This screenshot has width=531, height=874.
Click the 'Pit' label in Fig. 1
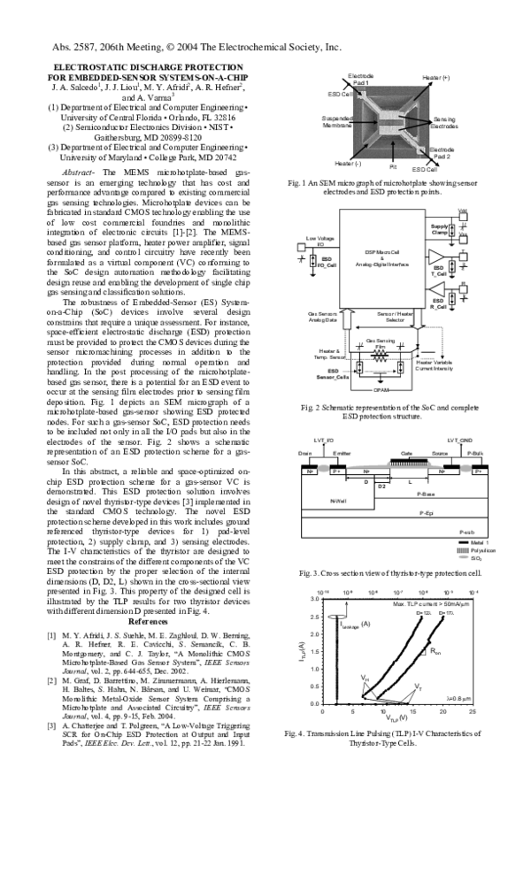pos(393,165)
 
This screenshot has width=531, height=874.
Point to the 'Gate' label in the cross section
pos(406,452)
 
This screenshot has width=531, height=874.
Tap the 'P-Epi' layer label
pos(425,512)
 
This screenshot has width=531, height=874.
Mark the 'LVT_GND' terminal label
pos(459,440)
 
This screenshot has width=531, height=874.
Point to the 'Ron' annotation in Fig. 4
pos(435,652)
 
